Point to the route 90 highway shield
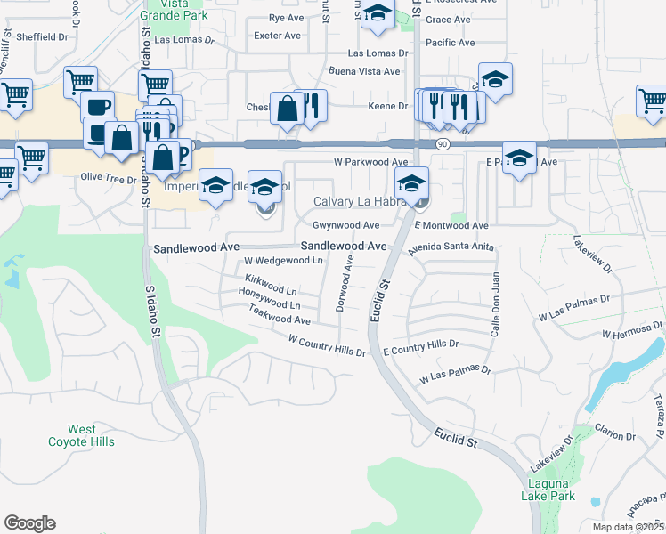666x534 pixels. (442, 144)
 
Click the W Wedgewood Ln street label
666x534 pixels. (283, 261)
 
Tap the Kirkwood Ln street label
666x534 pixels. (269, 291)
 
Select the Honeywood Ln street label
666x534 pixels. (271, 305)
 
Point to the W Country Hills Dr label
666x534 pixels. (327, 345)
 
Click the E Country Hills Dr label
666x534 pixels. (420, 347)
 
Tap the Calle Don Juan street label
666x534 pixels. (495, 303)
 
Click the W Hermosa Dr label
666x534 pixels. (633, 328)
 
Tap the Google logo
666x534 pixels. (29, 523)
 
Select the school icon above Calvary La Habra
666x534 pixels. (411, 184)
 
